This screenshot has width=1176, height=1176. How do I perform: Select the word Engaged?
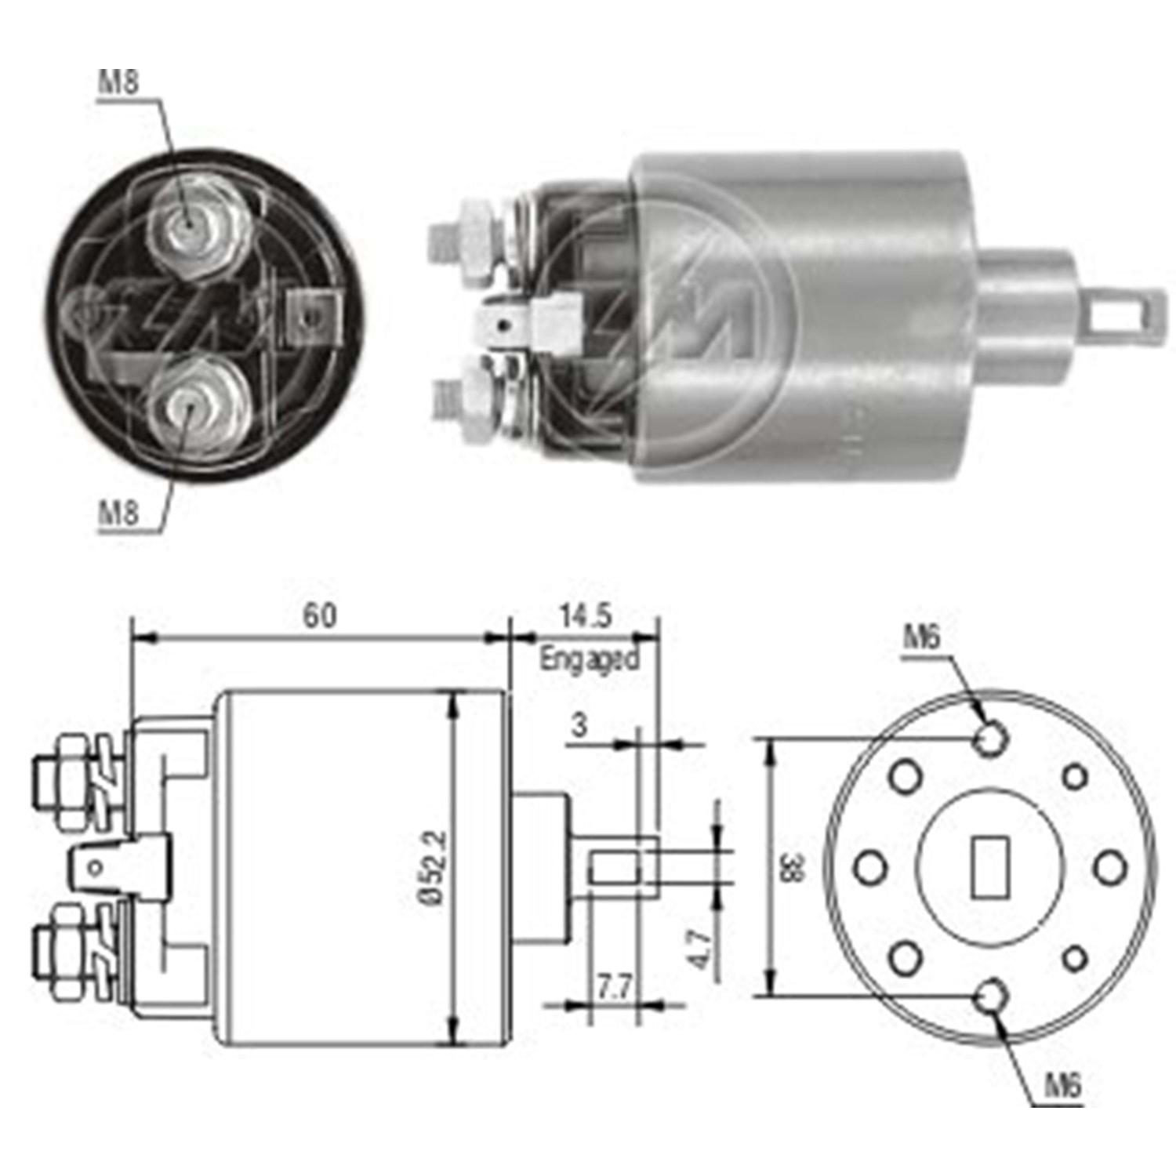point(589,659)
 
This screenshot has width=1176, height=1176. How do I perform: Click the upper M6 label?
point(921,639)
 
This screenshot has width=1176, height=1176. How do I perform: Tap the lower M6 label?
point(1063,1086)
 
